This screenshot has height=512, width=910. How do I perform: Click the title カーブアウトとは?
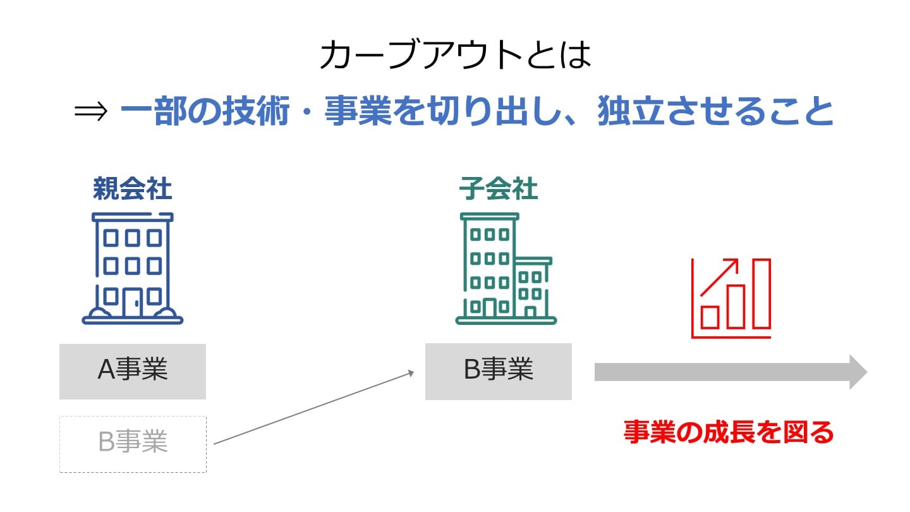click(x=455, y=56)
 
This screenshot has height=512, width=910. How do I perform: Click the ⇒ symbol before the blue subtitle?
click(x=92, y=113)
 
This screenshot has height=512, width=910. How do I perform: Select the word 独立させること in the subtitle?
click(x=716, y=112)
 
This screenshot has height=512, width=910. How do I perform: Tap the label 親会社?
click(x=132, y=188)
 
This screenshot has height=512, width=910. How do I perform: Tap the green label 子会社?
click(x=499, y=188)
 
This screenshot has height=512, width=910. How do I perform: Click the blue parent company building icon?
click(x=132, y=269)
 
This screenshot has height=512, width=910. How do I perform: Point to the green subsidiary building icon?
click(x=499, y=269)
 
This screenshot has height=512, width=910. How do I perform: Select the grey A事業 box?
click(x=132, y=371)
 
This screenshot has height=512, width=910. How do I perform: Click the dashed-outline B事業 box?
click(x=132, y=444)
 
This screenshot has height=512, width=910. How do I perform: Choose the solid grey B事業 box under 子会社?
click(x=498, y=371)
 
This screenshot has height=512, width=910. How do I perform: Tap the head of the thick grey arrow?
click(x=858, y=372)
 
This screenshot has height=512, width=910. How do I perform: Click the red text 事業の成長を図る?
click(x=729, y=432)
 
